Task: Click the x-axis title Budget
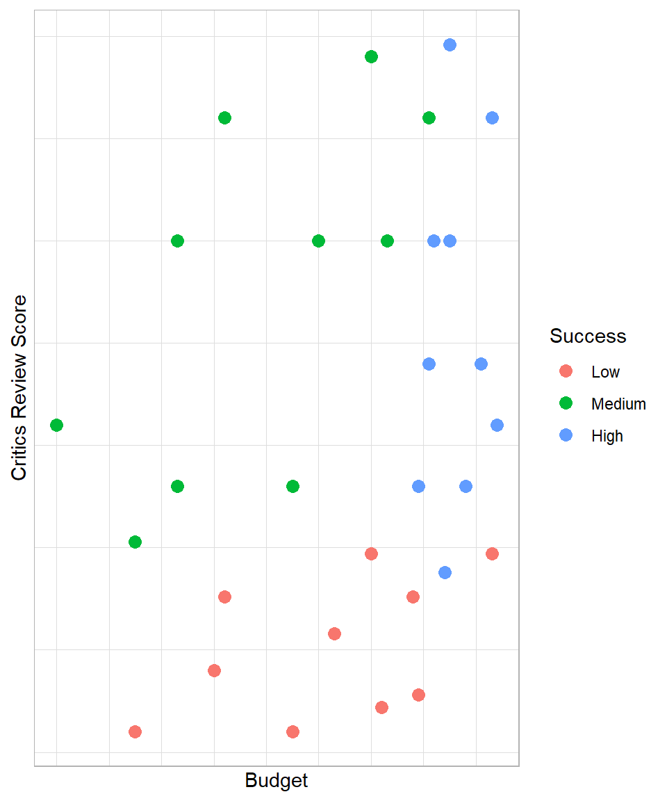[277, 781]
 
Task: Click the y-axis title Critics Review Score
[19, 387]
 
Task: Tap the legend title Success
[588, 336]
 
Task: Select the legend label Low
[605, 372]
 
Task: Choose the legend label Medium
[618, 404]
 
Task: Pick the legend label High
[607, 436]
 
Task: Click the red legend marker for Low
[566, 371]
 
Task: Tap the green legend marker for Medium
[566, 403]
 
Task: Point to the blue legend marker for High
[566, 435]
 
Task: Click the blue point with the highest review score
[450, 45]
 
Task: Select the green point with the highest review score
[371, 56]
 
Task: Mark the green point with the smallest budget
[57, 425]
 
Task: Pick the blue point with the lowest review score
[445, 572]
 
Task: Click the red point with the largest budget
[492, 553]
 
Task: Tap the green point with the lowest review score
[135, 542]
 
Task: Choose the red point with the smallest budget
[135, 731]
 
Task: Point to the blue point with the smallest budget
[418, 486]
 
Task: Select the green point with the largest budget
[429, 118]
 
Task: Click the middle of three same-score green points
[318, 241]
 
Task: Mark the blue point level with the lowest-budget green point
[497, 425]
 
